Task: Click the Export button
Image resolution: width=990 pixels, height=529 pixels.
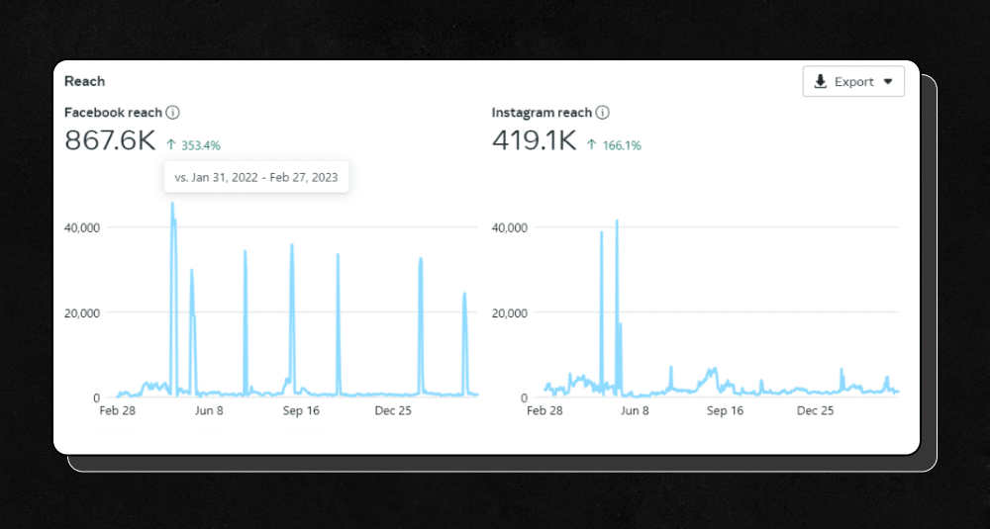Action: [853, 82]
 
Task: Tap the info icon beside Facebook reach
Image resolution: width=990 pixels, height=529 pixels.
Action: [173, 113]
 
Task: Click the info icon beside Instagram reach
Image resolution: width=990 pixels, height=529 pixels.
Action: [602, 113]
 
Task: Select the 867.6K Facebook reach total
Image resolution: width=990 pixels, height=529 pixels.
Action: [110, 141]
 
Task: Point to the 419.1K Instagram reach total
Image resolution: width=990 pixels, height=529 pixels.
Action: [534, 141]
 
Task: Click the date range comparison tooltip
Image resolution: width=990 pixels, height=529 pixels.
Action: [256, 177]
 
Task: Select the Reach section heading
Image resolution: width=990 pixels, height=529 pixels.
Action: [84, 81]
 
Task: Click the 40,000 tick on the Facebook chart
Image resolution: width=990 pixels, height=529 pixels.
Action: [81, 227]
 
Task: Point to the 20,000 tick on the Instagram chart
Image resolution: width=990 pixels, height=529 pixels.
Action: [511, 312]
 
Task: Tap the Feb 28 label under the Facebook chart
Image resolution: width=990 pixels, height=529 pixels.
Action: [117, 410]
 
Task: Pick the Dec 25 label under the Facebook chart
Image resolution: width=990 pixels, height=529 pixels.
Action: [392, 410]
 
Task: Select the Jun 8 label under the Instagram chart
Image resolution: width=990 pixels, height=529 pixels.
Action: [634, 410]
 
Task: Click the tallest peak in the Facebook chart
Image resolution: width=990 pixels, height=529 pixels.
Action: [172, 205]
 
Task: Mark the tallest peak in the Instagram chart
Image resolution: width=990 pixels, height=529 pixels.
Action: [617, 221]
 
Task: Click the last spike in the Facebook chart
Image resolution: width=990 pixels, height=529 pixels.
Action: [464, 294]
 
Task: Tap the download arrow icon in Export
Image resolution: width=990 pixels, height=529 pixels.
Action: [821, 82]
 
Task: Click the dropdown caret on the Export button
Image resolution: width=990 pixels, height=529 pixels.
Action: [888, 82]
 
